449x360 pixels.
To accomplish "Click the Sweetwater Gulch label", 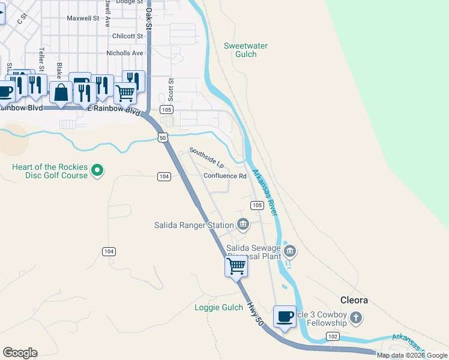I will (246, 50).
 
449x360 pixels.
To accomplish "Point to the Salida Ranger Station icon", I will (243, 224).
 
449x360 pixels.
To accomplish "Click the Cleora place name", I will (354, 300).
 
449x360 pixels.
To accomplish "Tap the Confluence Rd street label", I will (225, 176).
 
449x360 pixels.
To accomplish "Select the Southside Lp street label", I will (206, 158).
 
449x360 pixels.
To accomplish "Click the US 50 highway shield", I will (163, 137).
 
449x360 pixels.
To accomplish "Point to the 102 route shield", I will (333, 337).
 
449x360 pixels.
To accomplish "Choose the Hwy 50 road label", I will (255, 314).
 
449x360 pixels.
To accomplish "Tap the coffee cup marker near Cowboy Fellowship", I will (285, 316).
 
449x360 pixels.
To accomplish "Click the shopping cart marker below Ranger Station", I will (237, 265).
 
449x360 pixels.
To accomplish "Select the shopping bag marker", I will (61, 92).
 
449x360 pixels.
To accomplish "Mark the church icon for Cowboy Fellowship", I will (356, 317).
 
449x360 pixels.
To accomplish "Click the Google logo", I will (20, 353).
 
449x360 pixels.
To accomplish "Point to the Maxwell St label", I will (83, 18).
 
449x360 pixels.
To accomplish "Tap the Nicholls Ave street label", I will (125, 53).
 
